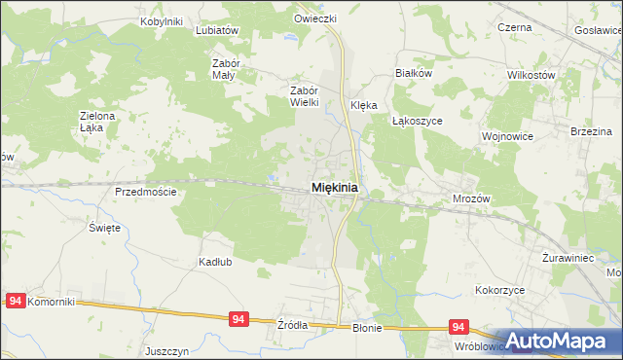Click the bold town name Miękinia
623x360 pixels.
pos(334,187)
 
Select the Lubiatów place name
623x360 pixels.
pos(217,30)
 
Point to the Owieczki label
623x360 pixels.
pos(315,18)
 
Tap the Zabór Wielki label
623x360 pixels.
pos(300,95)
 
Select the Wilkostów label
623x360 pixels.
pos(531,75)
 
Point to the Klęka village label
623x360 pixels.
pos(363,106)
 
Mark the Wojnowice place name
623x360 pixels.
pos(507,137)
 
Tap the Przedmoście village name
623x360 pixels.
pos(146,192)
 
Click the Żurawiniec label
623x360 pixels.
pos(568,260)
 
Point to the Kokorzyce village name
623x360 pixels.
pos(500,290)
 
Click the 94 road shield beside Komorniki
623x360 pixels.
pos(14,302)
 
